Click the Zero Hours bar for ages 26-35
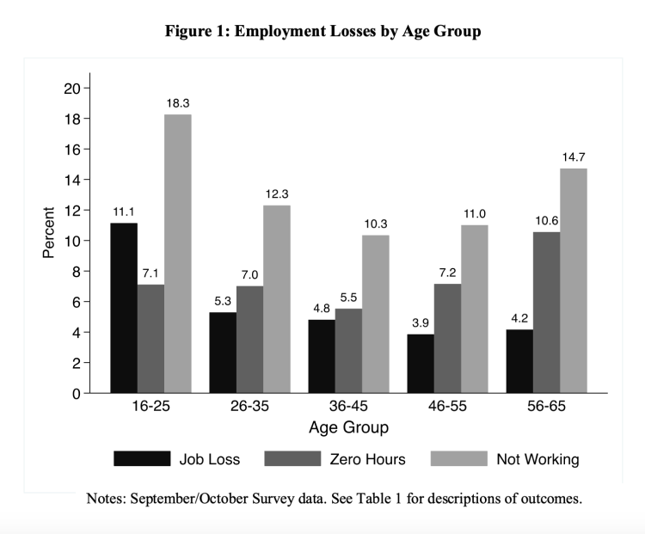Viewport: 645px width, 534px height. click(x=250, y=340)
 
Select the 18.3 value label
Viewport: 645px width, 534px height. click(x=178, y=102)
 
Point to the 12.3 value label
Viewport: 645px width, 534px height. click(x=277, y=193)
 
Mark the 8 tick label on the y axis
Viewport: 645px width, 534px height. click(x=76, y=272)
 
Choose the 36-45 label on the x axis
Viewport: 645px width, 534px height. click(x=348, y=407)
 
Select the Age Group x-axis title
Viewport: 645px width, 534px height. click(x=347, y=427)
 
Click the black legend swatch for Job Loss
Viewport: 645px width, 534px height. click(x=142, y=458)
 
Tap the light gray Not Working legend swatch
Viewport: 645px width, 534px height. click(x=458, y=458)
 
